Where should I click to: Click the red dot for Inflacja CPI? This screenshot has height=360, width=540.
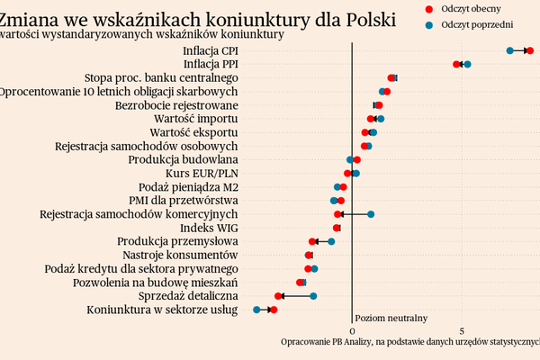tap(530, 51)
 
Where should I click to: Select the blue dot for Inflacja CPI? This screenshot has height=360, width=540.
tap(510, 51)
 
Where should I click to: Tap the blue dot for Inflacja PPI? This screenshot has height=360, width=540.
tap(467, 65)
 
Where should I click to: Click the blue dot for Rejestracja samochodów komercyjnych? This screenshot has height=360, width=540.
tap(370, 214)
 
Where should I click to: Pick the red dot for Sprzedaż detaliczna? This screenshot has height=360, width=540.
tap(278, 296)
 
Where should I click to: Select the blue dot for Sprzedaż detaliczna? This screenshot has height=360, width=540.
tap(313, 296)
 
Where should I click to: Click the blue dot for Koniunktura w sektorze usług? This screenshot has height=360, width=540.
tap(256, 310)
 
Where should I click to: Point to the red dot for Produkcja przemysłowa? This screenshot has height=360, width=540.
tap(313, 241)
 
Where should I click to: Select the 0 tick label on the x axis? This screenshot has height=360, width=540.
tap(351, 330)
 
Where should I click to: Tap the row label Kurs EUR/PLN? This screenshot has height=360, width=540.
tap(202, 173)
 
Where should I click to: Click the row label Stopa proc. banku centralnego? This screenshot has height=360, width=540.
tap(161, 77)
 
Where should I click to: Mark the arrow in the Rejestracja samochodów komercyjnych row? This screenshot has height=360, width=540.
tap(353, 214)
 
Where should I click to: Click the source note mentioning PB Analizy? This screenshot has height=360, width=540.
tap(410, 342)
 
